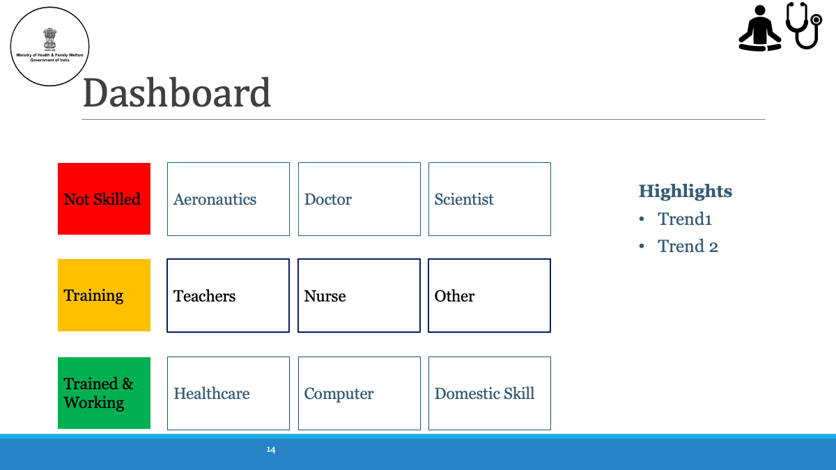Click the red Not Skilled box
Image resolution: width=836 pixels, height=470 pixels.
[x=104, y=199]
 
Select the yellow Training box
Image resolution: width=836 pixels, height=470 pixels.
[x=104, y=295]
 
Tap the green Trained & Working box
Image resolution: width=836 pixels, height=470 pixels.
[x=104, y=393]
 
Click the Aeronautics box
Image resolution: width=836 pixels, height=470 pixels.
[x=229, y=199]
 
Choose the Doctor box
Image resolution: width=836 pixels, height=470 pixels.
[x=359, y=199]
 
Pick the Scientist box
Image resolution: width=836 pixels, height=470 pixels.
[x=490, y=199]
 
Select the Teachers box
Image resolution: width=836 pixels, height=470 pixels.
[x=228, y=295]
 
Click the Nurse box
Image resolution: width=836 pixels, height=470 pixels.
[x=359, y=295]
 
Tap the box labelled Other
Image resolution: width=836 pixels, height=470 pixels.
[x=489, y=295]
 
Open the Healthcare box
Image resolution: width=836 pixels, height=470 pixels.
[x=229, y=393]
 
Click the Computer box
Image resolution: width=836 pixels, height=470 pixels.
[x=359, y=393]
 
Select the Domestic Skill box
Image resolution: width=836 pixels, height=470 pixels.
[x=490, y=393]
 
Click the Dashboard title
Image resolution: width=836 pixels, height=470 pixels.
[x=176, y=93]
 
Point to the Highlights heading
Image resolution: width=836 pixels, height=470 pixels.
[x=686, y=191]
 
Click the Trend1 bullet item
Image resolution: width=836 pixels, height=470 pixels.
[x=684, y=219]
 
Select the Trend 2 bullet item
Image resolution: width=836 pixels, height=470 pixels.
[x=688, y=246]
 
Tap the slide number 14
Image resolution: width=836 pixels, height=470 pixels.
[x=271, y=450]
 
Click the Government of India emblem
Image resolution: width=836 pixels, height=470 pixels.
[x=49, y=39]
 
